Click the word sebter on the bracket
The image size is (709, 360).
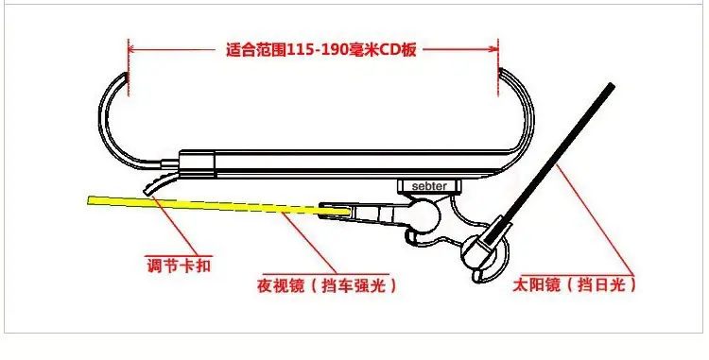[429, 186]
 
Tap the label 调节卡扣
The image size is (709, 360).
[179, 265]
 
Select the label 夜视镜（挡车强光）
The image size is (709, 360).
[326, 285]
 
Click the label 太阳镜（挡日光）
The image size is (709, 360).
[574, 285]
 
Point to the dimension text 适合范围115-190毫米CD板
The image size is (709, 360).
[321, 49]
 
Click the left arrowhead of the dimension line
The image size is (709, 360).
[133, 49]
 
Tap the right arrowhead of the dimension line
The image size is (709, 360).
[493, 49]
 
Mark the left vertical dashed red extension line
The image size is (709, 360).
[129, 67]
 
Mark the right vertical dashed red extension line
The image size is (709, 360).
[498, 67]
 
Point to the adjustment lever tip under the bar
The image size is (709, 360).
[147, 192]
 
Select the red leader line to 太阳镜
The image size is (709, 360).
[595, 219]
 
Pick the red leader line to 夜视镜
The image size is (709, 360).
[311, 243]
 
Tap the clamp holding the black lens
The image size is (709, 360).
[485, 249]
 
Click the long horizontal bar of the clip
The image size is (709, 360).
[344, 163]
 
